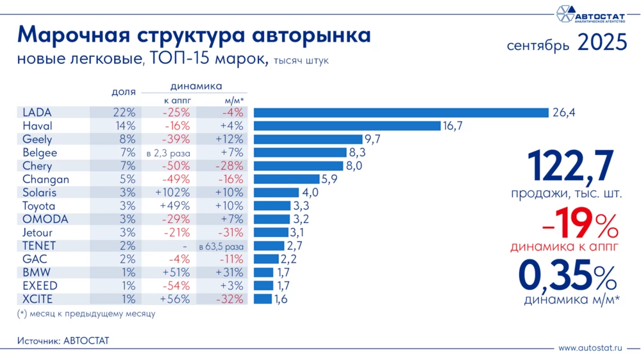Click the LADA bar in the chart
401,113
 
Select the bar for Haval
347,126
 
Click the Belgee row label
40,152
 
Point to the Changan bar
287,179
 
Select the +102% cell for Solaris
168,193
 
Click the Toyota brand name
39,206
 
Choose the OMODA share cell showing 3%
126,219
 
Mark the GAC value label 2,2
289,259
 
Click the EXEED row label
40,286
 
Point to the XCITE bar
263,299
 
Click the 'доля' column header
123,92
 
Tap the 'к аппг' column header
169,101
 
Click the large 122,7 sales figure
570,166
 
